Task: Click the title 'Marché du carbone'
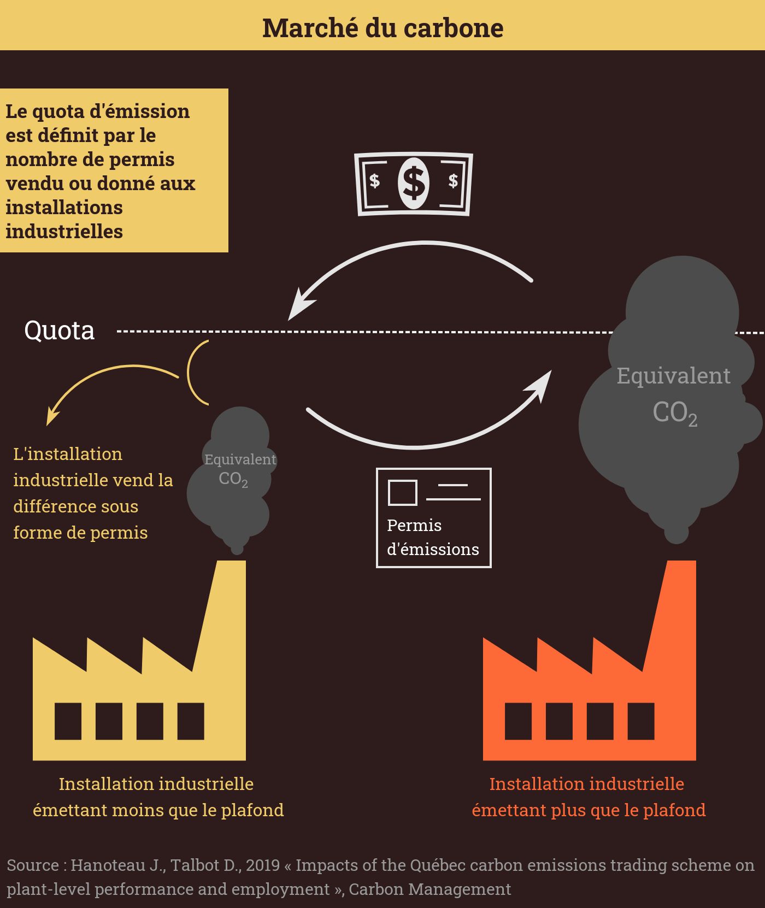(x=382, y=28)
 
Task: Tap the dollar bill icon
(x=414, y=184)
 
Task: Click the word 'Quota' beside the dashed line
(x=59, y=331)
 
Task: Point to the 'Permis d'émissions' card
(x=433, y=517)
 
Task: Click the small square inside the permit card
(x=402, y=492)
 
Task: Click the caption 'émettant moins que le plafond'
(x=158, y=810)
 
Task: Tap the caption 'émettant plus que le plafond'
(x=589, y=810)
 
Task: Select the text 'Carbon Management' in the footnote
(x=429, y=889)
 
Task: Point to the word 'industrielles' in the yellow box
(x=64, y=232)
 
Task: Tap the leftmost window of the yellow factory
(x=68, y=721)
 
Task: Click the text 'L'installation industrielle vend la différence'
(x=93, y=481)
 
